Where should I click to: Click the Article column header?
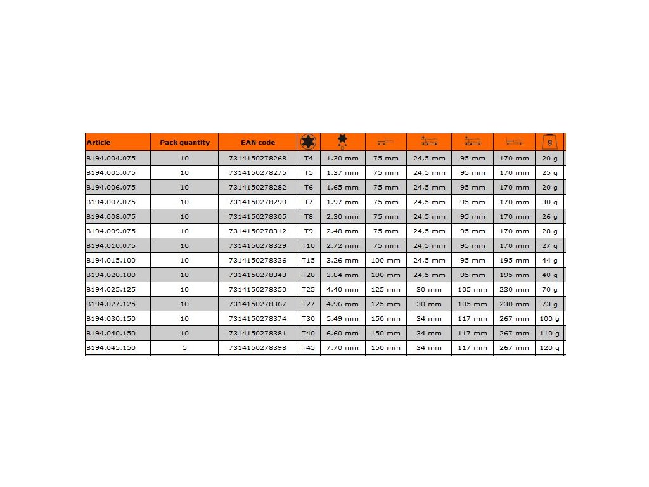tap(98, 143)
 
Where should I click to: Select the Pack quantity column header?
tap(184, 143)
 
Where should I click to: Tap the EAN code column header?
tap(258, 143)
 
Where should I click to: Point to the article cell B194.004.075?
tap(110, 158)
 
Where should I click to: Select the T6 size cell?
tap(309, 187)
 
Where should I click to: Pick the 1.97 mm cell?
tap(342, 202)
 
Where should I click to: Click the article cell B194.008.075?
tap(110, 216)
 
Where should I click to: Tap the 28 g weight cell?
tap(549, 231)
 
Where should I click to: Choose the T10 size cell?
tap(309, 245)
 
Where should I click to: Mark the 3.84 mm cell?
tap(342, 275)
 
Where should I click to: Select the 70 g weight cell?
tap(549, 289)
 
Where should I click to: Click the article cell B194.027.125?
tap(110, 304)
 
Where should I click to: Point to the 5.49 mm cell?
tap(342, 318)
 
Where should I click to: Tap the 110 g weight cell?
tap(549, 333)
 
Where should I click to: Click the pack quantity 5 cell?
tap(184, 347)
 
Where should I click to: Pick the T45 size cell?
tap(309, 347)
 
